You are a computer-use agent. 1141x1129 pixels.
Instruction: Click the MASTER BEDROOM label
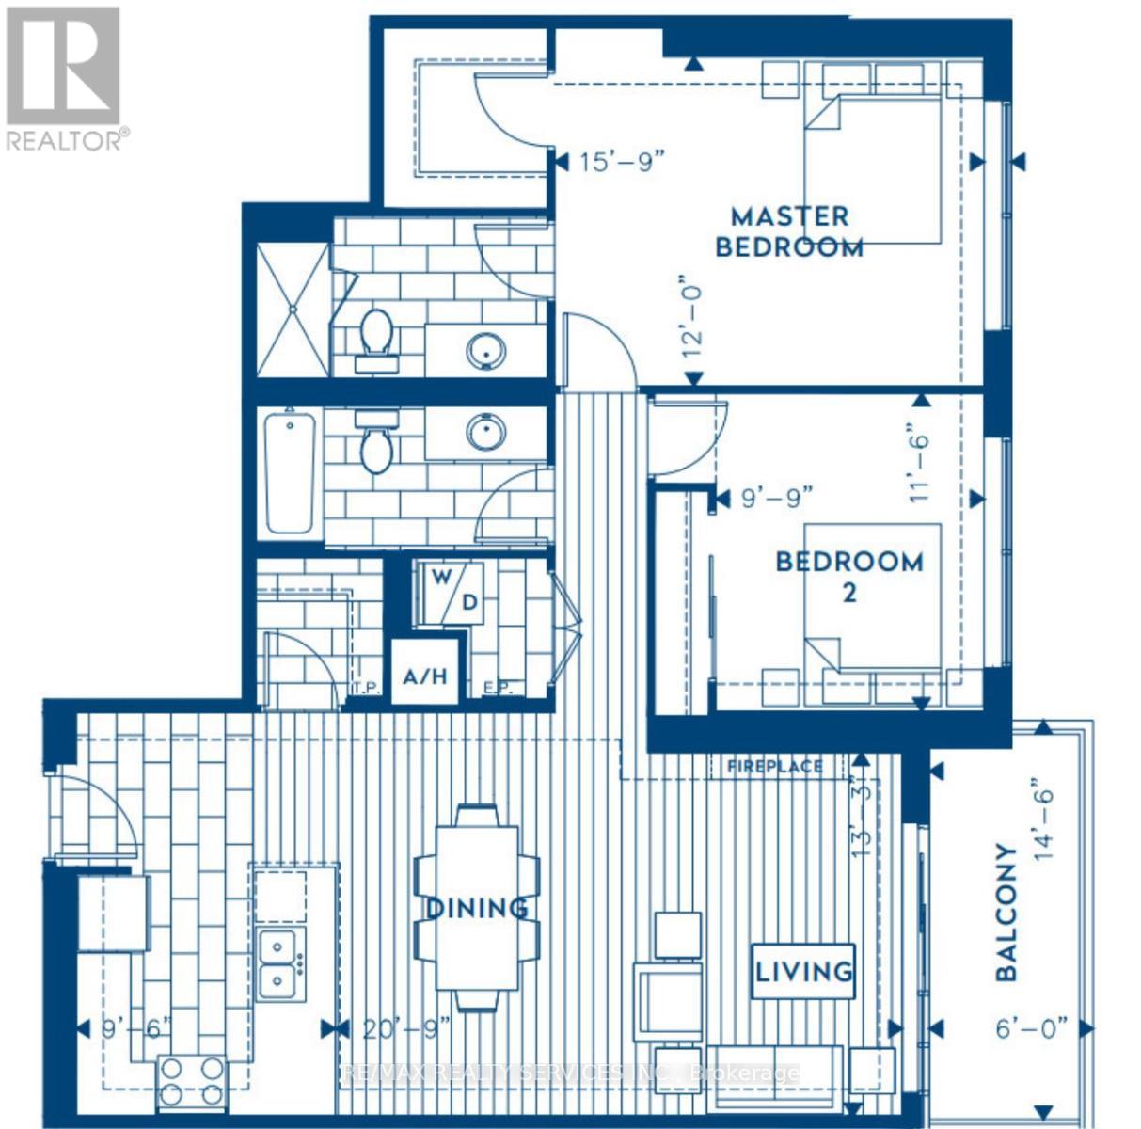[789, 232]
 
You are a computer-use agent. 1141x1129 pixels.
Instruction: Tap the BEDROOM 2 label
[848, 576]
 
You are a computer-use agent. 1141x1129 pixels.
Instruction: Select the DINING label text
[477, 909]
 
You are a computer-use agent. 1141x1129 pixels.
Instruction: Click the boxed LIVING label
[803, 971]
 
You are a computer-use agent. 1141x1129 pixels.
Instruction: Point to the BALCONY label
[1006, 913]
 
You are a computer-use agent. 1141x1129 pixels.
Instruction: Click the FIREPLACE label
[774, 767]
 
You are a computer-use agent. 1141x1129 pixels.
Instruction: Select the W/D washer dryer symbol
[453, 590]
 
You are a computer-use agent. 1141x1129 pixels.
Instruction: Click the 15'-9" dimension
[622, 163]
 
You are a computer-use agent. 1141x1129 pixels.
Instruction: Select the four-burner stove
[191, 1080]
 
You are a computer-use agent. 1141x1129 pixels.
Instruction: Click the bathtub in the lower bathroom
[289, 474]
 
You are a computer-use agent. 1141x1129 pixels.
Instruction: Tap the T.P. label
[366, 688]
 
